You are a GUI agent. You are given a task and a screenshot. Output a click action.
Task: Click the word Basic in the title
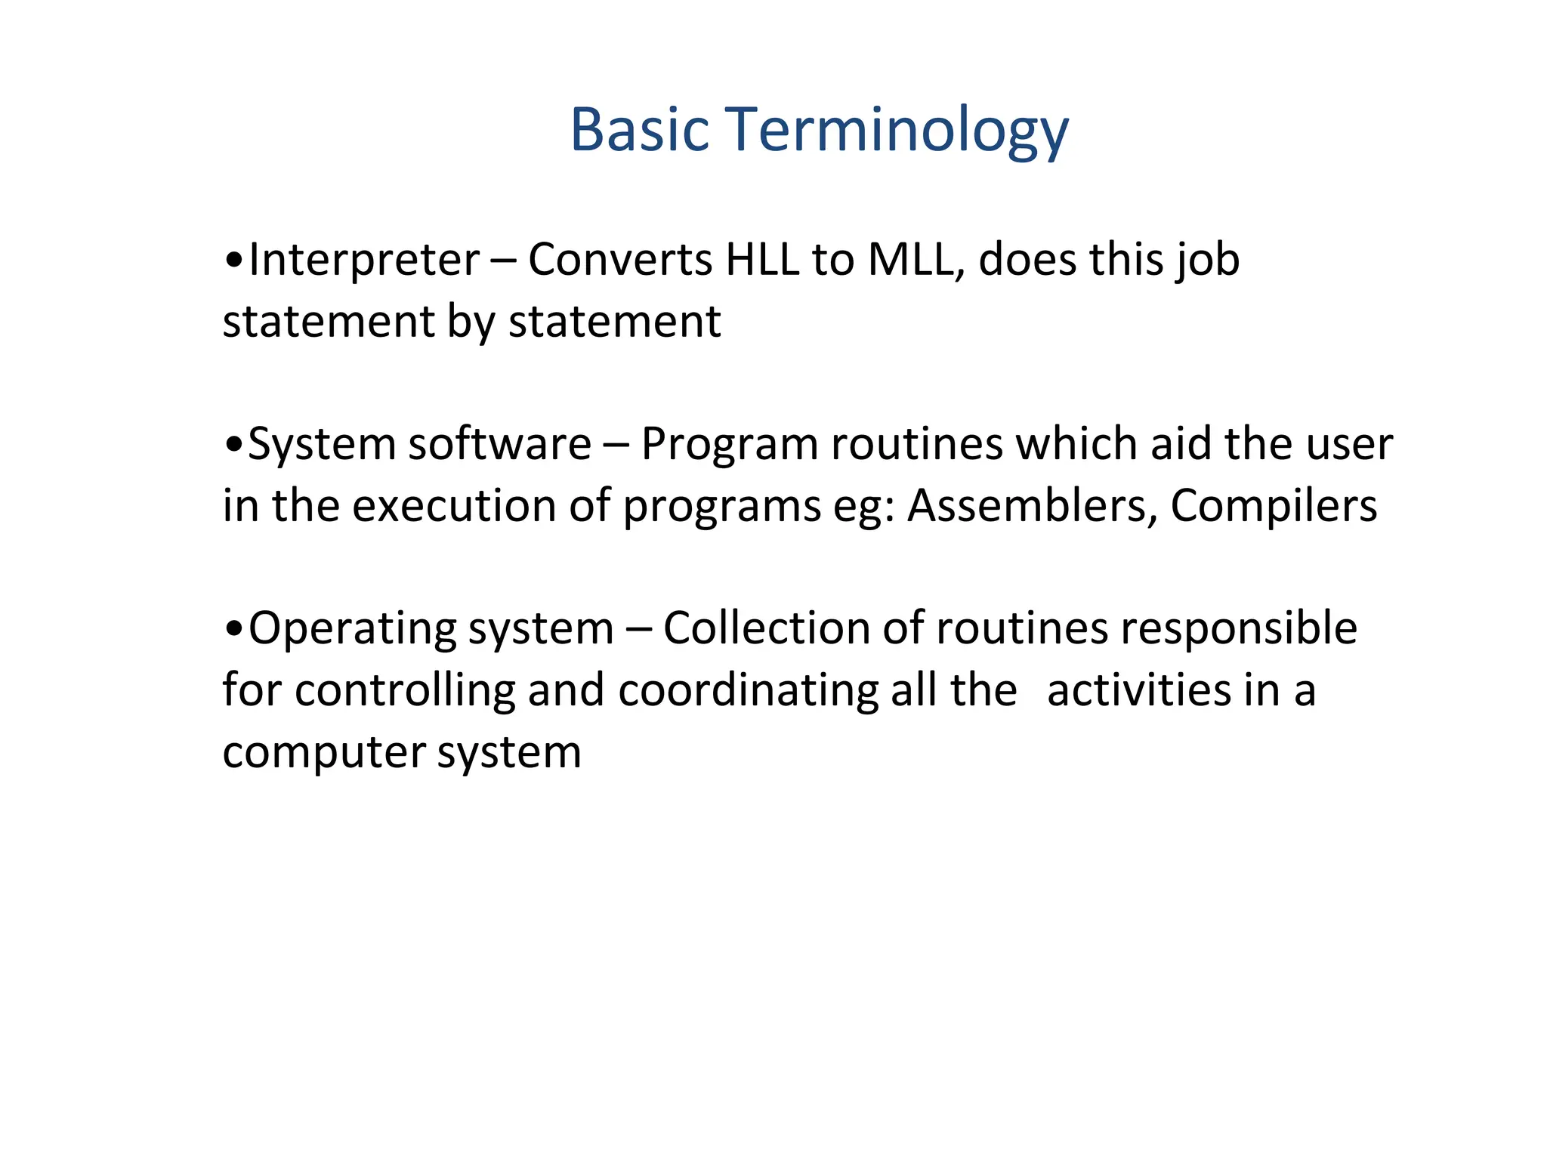(639, 130)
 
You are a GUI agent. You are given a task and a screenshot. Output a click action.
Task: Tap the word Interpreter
(363, 261)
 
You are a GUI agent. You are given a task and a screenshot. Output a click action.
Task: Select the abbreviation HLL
(761, 261)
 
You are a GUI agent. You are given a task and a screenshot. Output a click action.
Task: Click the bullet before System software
(234, 446)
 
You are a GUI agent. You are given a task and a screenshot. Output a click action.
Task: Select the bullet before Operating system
(234, 630)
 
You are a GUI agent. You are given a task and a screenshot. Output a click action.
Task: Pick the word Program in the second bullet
(729, 445)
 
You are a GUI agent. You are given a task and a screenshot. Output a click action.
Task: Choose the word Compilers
(1274, 506)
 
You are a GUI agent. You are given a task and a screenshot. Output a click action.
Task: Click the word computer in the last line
(324, 754)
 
